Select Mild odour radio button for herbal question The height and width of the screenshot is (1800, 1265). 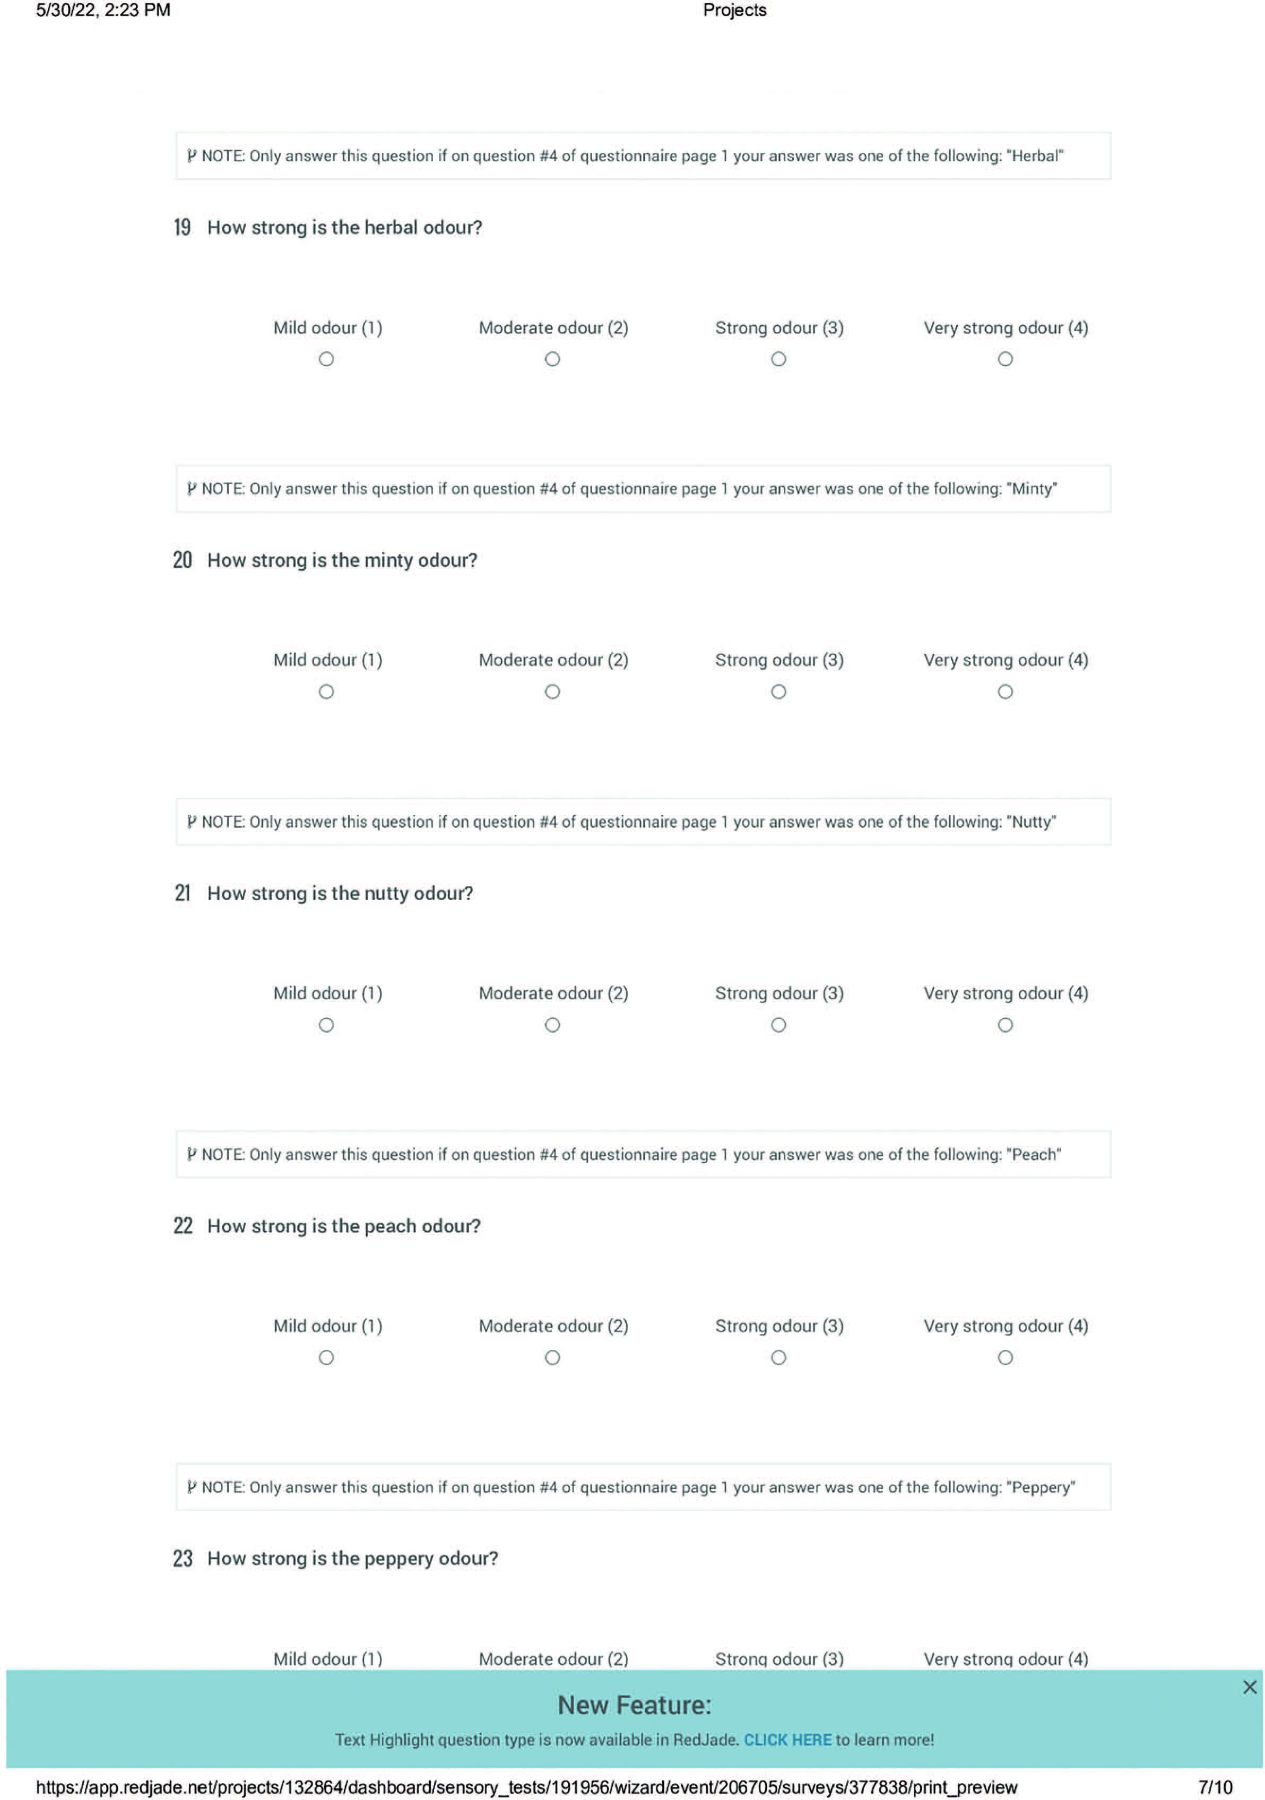coord(326,359)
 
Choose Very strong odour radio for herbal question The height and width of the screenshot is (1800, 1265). coord(1005,359)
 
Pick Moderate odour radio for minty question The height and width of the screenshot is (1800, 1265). coord(552,691)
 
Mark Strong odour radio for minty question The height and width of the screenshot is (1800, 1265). coord(778,691)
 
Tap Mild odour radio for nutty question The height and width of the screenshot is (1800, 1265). coord(326,1025)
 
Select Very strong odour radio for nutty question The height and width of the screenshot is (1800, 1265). coord(1005,1025)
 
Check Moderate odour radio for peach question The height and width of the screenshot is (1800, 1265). coord(552,1357)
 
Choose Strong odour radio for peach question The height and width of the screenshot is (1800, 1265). coord(778,1357)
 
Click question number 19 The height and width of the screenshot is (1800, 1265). coord(182,227)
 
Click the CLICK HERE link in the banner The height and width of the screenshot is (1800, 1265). coord(787,1740)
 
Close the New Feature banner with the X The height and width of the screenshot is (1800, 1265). coord(1249,1687)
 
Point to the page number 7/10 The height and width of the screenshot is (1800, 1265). coord(1215,1787)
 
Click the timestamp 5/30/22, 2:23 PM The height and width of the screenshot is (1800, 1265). coord(102,10)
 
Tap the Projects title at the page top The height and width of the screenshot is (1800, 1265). coord(734,10)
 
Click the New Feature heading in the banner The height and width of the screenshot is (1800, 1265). coord(634,1705)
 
